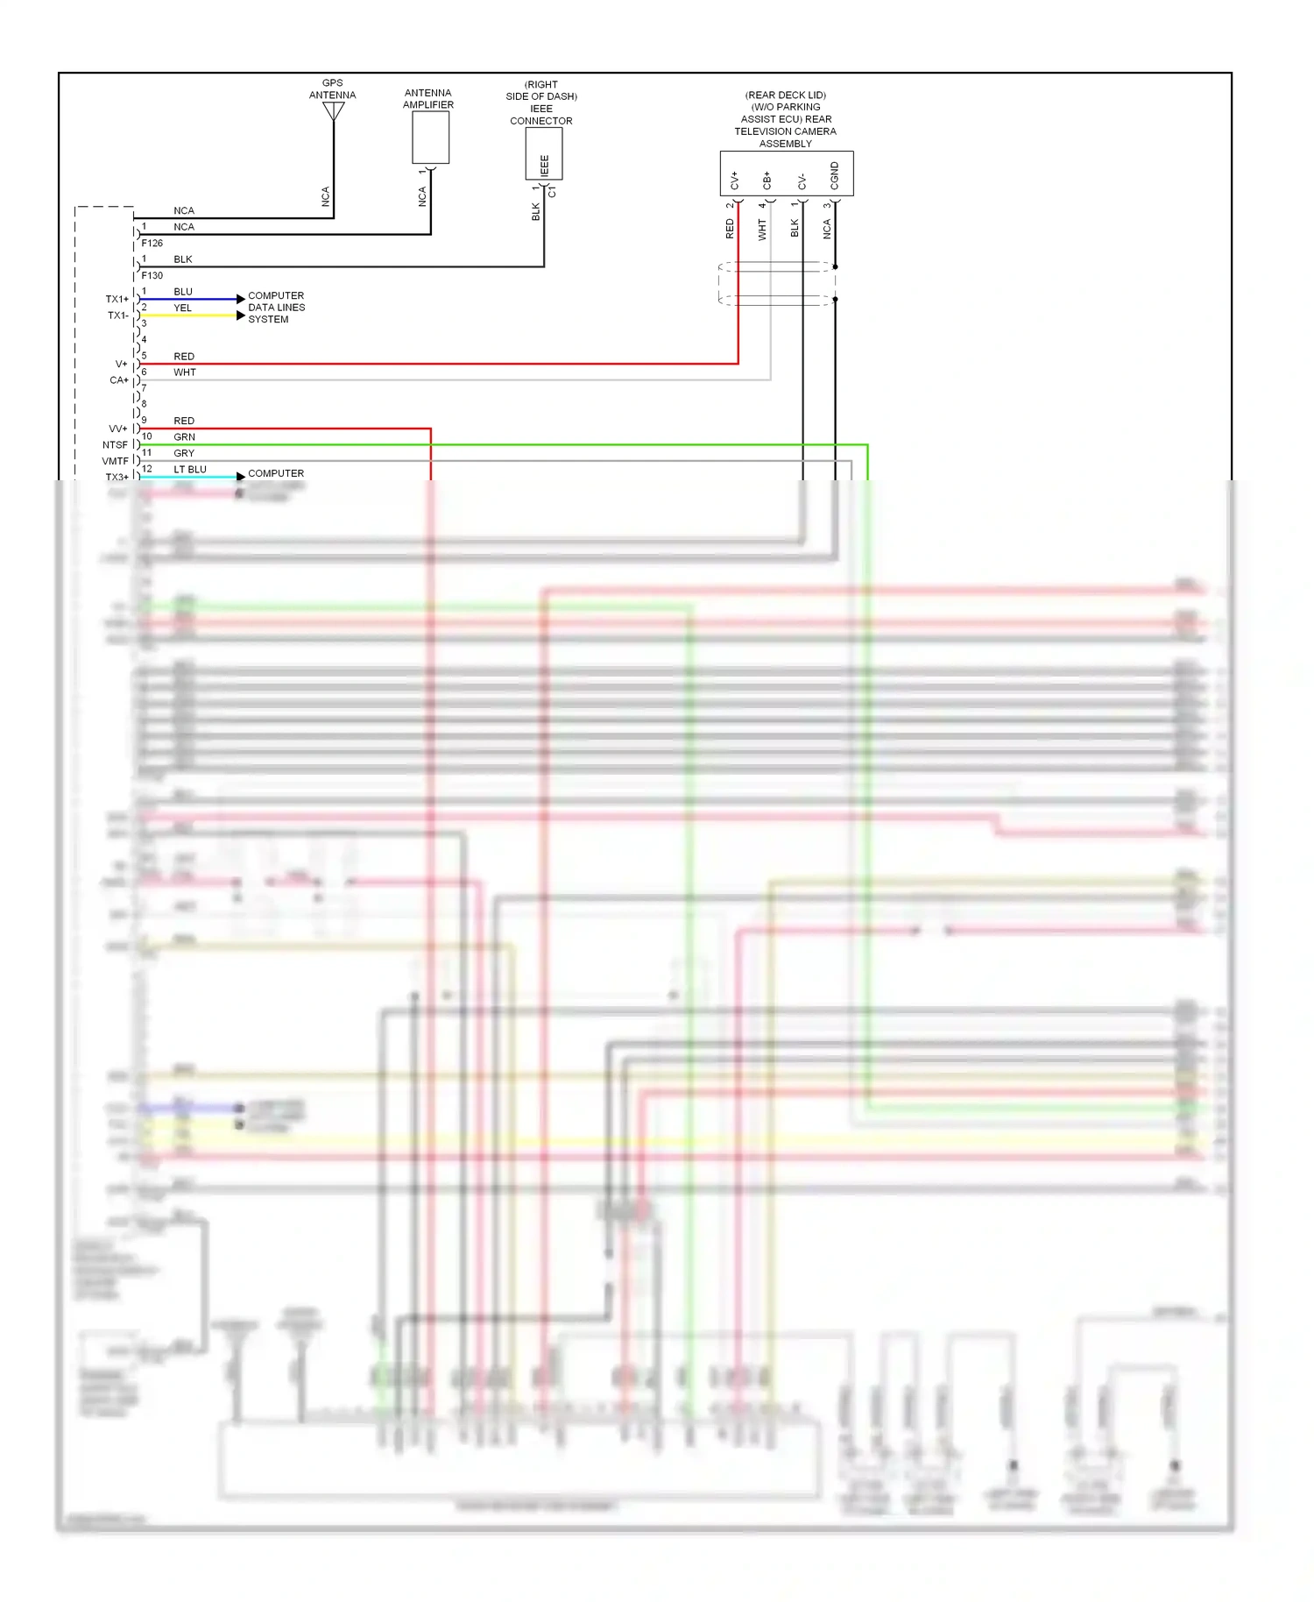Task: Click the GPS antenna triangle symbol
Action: pos(333,111)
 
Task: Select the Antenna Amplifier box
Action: pos(430,138)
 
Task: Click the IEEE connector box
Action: pos(543,154)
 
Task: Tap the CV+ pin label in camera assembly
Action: pos(734,180)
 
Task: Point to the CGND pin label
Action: pos(834,175)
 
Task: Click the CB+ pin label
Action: pos(766,181)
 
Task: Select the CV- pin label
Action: pos(802,181)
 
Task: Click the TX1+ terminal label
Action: pos(117,300)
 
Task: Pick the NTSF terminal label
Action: pos(115,445)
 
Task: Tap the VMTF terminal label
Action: pos(115,461)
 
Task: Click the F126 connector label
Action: pos(152,244)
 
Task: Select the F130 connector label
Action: pos(152,276)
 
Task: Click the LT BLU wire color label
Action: pos(190,470)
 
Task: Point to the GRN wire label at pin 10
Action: pos(184,437)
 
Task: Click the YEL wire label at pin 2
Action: pos(182,308)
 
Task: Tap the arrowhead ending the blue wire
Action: pos(241,300)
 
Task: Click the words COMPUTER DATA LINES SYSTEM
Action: pos(276,308)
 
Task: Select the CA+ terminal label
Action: pos(118,380)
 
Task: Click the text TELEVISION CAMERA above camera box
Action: pos(785,131)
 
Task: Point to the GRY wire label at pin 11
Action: pos(184,453)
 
